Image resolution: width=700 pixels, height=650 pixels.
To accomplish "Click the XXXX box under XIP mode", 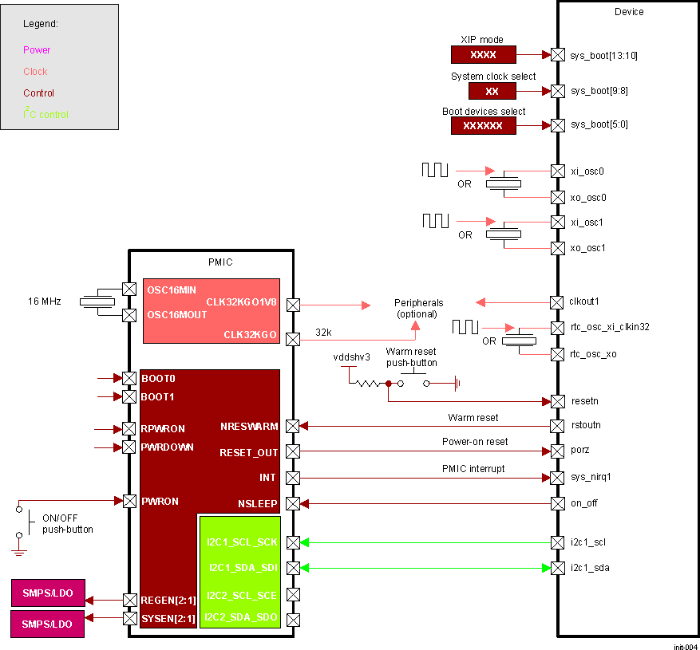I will (483, 55).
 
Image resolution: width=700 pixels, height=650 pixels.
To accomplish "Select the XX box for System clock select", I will (492, 91).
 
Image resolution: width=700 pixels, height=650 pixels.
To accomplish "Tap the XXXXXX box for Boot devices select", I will (483, 126).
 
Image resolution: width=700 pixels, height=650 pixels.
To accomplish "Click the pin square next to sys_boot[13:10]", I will (558, 55).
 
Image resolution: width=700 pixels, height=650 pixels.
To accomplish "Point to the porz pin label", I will (581, 450).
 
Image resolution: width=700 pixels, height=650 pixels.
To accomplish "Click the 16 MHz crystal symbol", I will (98, 301).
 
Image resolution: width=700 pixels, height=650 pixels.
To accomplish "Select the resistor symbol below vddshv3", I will (369, 383).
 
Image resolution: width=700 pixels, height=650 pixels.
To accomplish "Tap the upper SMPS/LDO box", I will (48, 593).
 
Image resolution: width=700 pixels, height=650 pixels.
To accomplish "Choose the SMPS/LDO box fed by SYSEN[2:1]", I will (48, 624).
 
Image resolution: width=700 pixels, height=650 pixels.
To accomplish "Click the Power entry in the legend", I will (37, 50).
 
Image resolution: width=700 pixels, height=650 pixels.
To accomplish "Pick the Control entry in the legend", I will (38, 93).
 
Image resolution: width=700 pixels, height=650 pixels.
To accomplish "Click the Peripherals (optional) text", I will (418, 308).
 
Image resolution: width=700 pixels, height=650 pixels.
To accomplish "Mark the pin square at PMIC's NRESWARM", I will (293, 426).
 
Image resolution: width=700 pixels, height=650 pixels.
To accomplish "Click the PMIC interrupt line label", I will (473, 469).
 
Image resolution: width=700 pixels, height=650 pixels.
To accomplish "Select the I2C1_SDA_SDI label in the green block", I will (243, 568).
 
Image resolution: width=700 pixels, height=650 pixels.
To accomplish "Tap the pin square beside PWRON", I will (129, 501).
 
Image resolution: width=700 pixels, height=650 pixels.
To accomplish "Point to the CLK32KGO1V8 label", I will (241, 302).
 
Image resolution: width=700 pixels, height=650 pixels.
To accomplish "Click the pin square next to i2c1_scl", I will (558, 542).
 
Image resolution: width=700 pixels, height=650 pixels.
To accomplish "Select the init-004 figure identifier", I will (684, 645).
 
